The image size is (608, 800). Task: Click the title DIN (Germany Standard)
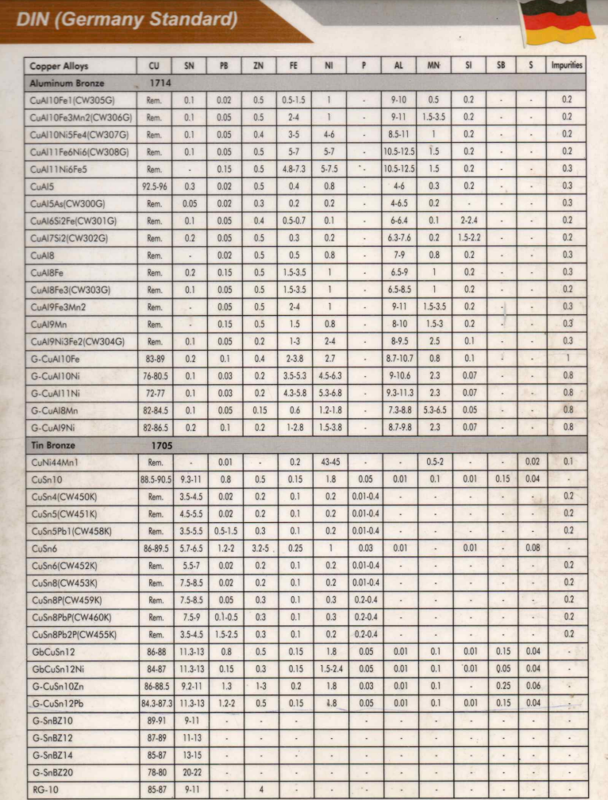(x=127, y=18)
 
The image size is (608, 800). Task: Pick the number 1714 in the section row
(x=160, y=83)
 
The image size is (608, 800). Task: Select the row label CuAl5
(x=42, y=186)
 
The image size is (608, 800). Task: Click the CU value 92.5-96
(x=154, y=186)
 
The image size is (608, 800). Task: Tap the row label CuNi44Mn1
(x=56, y=461)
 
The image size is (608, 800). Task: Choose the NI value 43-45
(x=328, y=461)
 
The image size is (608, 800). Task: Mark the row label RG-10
(x=44, y=790)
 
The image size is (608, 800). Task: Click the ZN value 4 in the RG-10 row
(x=260, y=790)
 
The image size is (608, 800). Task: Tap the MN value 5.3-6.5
(x=433, y=410)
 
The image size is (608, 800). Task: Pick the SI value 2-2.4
(x=469, y=221)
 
